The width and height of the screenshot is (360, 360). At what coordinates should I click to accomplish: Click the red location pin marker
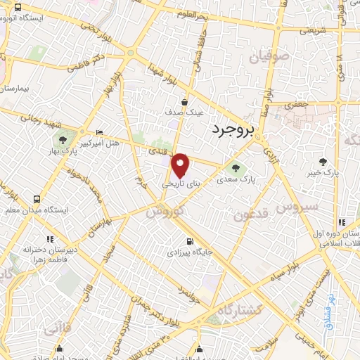coord(181,165)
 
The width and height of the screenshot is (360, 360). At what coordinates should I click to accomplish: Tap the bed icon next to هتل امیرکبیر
coord(99,132)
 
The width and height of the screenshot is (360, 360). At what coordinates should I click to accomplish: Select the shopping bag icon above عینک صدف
coord(185,101)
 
